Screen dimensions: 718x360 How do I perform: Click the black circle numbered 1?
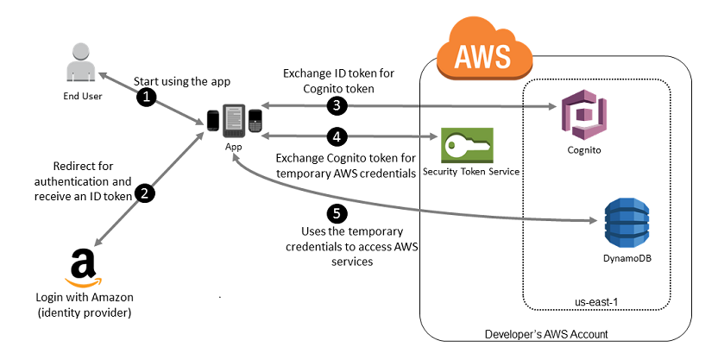(x=147, y=98)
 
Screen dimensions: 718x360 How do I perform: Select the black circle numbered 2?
(x=145, y=193)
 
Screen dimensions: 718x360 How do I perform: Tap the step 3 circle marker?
(x=337, y=106)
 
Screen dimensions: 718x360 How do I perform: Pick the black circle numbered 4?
(x=337, y=136)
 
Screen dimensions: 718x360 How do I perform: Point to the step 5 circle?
(x=337, y=213)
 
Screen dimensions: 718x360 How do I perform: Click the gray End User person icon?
(x=81, y=62)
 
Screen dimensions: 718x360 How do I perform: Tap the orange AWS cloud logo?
(x=483, y=49)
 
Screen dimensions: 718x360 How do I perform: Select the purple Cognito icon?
(x=584, y=115)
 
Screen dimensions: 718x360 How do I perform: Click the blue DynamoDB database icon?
(x=627, y=223)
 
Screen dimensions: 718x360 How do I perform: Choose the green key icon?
(x=467, y=145)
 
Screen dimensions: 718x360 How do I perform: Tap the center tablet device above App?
(x=234, y=121)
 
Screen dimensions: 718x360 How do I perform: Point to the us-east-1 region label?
(x=596, y=302)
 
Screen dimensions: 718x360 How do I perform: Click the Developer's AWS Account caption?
(x=546, y=334)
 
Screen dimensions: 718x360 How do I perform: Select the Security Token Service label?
(x=470, y=172)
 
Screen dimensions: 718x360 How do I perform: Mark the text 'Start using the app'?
(x=182, y=81)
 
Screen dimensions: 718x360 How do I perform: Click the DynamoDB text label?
(x=627, y=258)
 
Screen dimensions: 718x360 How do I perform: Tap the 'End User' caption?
(x=83, y=96)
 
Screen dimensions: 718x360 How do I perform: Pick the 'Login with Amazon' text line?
(x=85, y=297)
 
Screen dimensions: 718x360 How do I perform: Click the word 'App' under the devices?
(x=234, y=147)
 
